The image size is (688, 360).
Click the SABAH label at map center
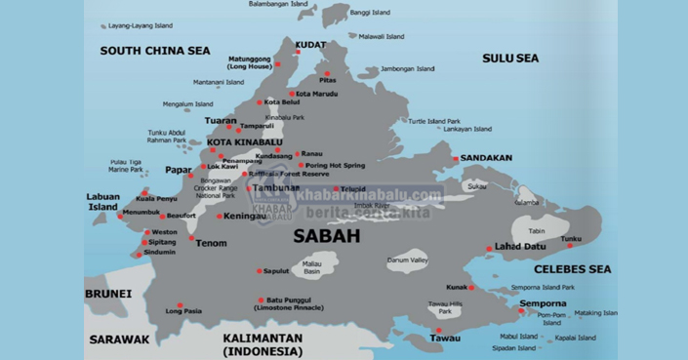pos(327,236)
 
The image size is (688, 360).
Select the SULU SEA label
pos(509,59)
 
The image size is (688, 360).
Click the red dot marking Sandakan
pos(455,158)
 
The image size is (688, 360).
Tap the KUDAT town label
pos(310,45)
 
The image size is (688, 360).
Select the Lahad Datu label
pos(521,247)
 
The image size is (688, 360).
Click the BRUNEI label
pos(108,294)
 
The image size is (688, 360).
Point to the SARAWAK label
pos(120,340)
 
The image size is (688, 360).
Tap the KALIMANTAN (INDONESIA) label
pos(263,343)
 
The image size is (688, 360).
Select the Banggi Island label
pos(370,13)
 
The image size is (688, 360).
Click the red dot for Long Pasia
pos(180,303)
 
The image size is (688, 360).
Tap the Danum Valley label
pos(407,261)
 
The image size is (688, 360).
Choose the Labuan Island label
pos(102,201)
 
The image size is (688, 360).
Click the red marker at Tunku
pos(570,246)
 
